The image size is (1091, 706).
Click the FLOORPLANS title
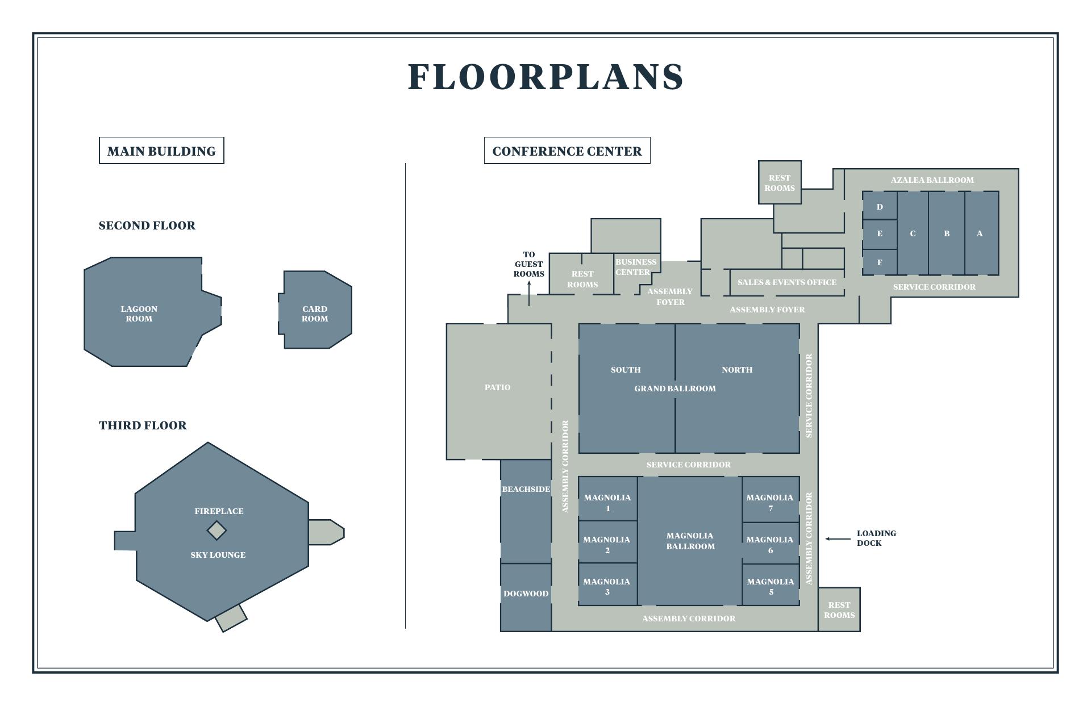coord(545,77)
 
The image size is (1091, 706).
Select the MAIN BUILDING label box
coord(161,151)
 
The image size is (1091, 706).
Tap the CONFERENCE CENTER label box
coord(567,151)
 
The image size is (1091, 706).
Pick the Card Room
coord(315,310)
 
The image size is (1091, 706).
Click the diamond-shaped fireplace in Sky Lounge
coord(216,530)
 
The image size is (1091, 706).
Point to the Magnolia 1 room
coord(607,498)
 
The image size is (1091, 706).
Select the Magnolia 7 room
coord(771,499)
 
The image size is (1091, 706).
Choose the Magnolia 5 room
coord(771,584)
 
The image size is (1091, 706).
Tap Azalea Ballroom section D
coord(880,206)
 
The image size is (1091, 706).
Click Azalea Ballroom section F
coord(880,262)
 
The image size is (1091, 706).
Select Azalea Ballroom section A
coord(981,233)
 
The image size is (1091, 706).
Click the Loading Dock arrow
coord(838,538)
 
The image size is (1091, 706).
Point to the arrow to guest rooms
coord(529,293)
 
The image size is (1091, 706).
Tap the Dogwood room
coord(526,597)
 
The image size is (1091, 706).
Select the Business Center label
coord(636,267)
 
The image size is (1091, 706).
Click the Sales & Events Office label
coord(787,282)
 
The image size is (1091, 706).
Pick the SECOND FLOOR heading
coord(147,225)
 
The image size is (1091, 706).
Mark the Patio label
coord(497,387)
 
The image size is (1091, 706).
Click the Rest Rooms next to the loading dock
coord(839,609)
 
